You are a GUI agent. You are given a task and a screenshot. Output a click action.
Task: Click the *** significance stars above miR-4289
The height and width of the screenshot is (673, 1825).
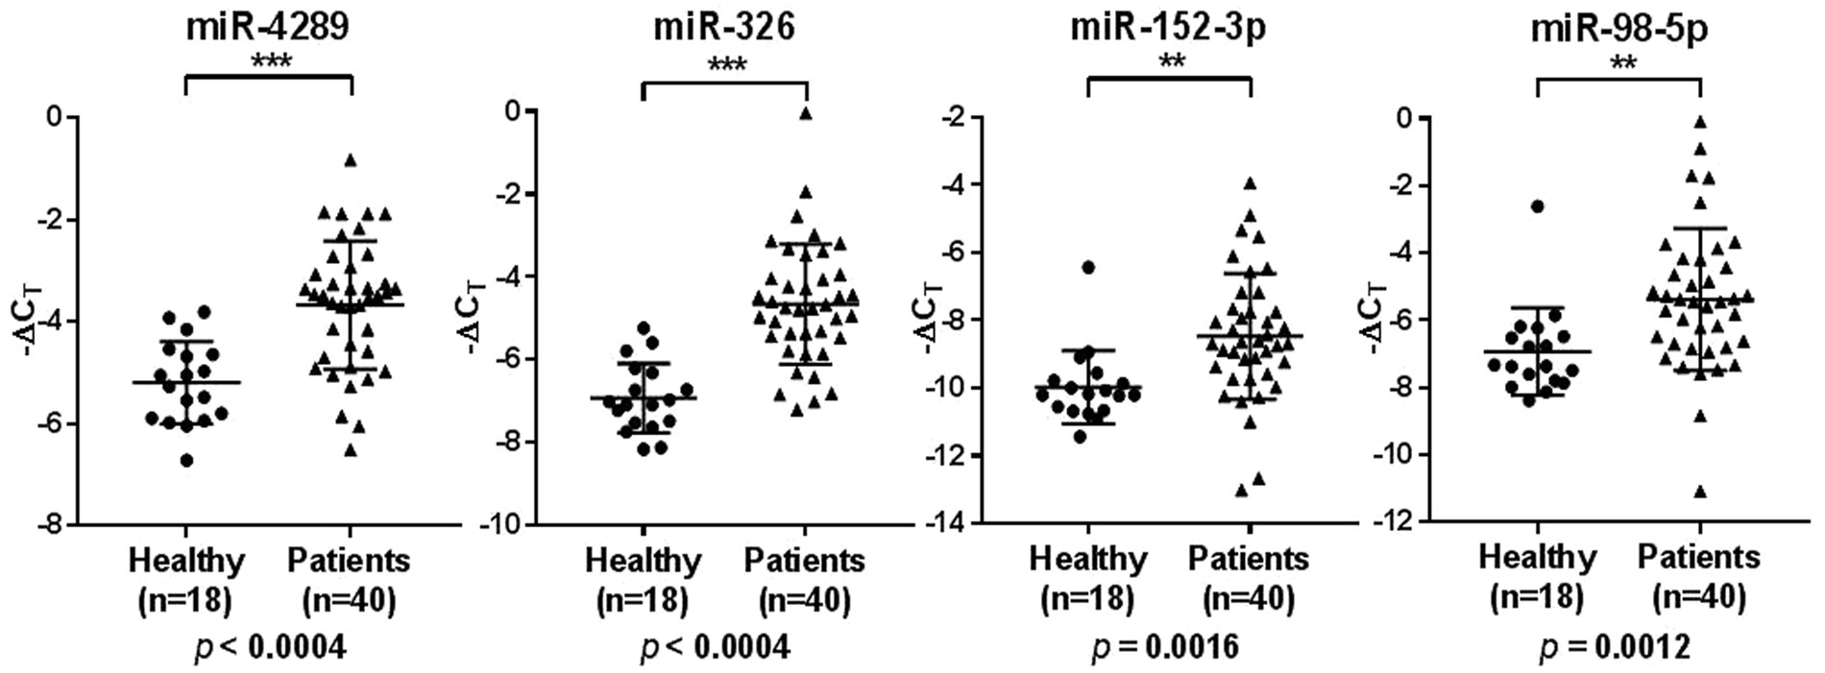[x=270, y=63]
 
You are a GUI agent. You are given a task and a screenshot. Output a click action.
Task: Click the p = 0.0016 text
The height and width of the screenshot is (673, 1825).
[x=1164, y=647]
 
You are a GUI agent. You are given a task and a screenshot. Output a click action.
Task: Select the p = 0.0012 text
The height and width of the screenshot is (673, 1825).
[x=1614, y=648]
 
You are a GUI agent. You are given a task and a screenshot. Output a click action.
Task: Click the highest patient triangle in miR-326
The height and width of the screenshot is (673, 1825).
[x=806, y=113]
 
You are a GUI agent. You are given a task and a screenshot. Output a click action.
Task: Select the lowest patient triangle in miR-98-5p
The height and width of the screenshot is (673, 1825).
[x=1700, y=492]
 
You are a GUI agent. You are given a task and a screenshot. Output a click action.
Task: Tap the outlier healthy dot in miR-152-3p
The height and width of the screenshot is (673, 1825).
[x=1088, y=267]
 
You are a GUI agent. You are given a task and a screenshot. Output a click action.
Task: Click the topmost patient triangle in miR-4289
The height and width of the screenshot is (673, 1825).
[x=351, y=160]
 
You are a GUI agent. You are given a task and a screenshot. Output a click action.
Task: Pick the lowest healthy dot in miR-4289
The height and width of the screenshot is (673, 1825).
[x=187, y=461]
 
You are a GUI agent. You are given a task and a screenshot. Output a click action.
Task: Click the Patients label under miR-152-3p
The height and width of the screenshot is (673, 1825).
[x=1249, y=558]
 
